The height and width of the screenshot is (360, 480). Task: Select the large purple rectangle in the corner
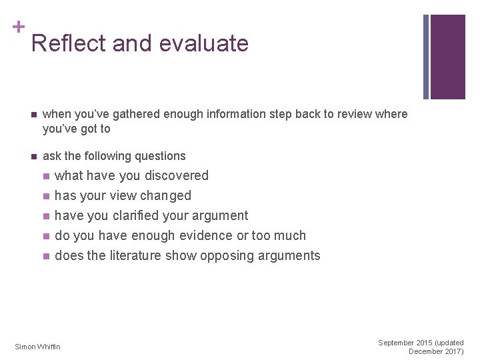click(x=447, y=57)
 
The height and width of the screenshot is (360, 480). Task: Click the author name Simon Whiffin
click(x=38, y=347)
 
